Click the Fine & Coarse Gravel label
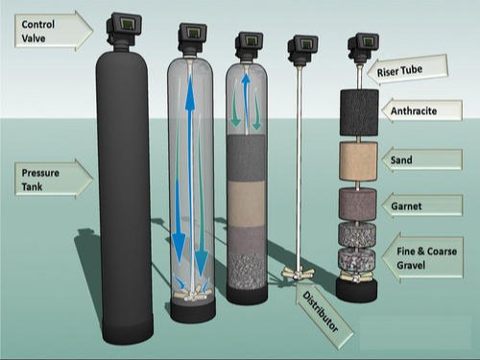[x=422, y=256]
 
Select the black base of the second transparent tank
[x=192, y=311]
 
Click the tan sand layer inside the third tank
[x=247, y=204]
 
